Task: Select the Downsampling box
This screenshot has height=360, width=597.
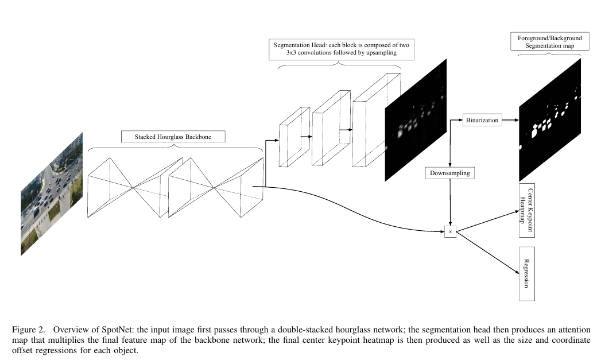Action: tap(450, 172)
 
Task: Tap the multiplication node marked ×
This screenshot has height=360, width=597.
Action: tap(450, 232)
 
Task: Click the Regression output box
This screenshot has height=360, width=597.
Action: tap(527, 274)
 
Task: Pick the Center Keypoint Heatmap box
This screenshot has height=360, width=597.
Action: tap(526, 211)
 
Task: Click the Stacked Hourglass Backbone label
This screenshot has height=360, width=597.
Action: tap(173, 137)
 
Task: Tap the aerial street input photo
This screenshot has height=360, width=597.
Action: tap(52, 193)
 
